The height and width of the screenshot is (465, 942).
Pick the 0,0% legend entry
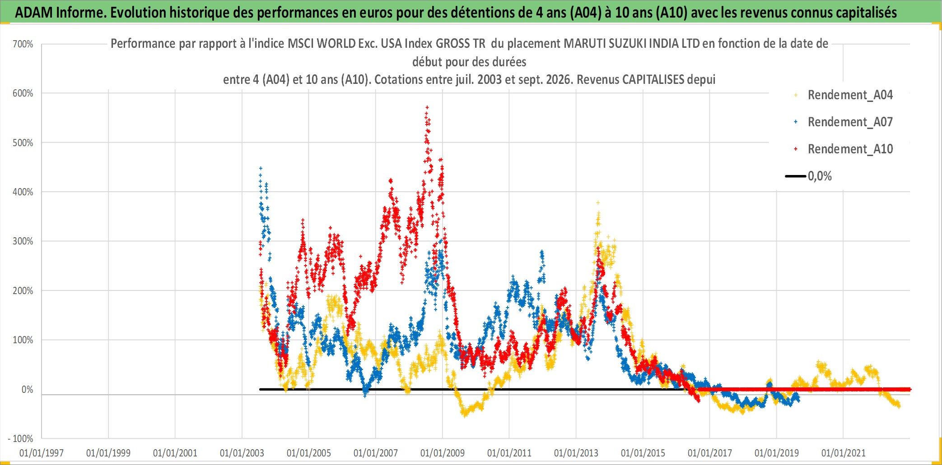tap(808, 176)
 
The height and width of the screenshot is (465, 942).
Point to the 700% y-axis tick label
tap(23, 44)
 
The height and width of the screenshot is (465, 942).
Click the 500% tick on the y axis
tap(23, 143)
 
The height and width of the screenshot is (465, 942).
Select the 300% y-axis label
tap(23, 241)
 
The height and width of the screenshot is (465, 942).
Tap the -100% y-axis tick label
tap(21, 438)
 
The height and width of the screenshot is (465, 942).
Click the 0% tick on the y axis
tap(28, 389)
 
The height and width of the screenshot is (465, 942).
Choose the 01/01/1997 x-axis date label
tap(42, 453)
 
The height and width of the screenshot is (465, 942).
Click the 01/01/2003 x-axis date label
tap(242, 453)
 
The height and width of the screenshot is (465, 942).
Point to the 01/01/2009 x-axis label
tap(443, 453)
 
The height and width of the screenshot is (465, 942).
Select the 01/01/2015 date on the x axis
tap(643, 453)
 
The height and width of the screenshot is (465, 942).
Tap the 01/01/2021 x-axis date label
tap(844, 453)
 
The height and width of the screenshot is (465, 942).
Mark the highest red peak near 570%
tap(427, 107)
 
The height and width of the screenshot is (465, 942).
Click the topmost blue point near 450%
tap(261, 168)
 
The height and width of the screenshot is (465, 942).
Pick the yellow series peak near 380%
tap(598, 203)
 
